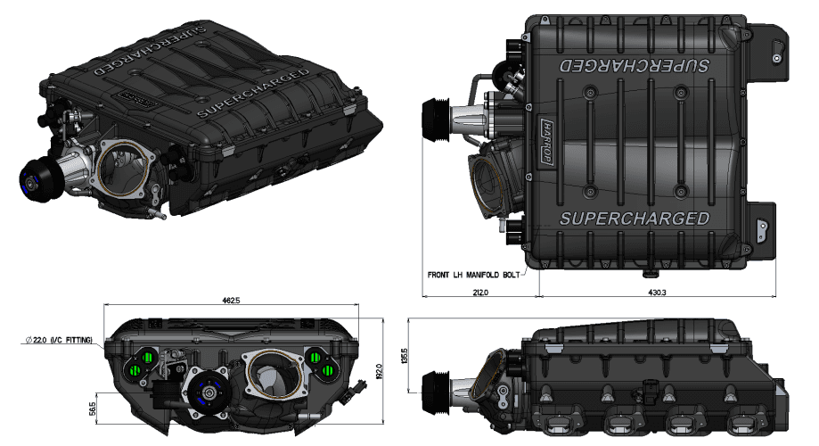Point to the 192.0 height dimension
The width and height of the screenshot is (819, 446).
pyautogui.click(x=378, y=368)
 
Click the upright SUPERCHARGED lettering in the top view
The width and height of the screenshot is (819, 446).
pyautogui.click(x=633, y=219)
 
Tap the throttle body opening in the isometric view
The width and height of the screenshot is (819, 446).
pyautogui.click(x=124, y=165)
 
